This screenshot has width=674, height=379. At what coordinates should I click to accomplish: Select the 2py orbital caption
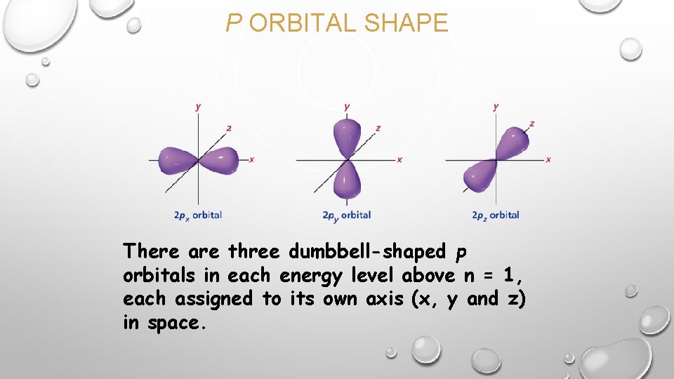346,215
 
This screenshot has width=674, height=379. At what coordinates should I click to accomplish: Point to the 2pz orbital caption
496,215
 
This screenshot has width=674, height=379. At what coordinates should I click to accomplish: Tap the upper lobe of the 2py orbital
346,137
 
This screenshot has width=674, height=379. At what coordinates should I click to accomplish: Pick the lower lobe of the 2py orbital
346,180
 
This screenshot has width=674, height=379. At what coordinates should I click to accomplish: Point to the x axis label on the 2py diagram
399,160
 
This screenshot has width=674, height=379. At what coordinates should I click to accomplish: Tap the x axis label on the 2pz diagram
548,160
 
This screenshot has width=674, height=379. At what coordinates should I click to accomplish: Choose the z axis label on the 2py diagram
378,128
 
